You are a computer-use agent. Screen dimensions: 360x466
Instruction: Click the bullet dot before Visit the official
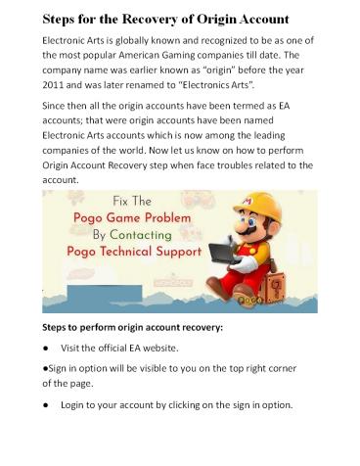46,349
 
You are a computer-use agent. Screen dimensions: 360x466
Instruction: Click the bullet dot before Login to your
46,404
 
